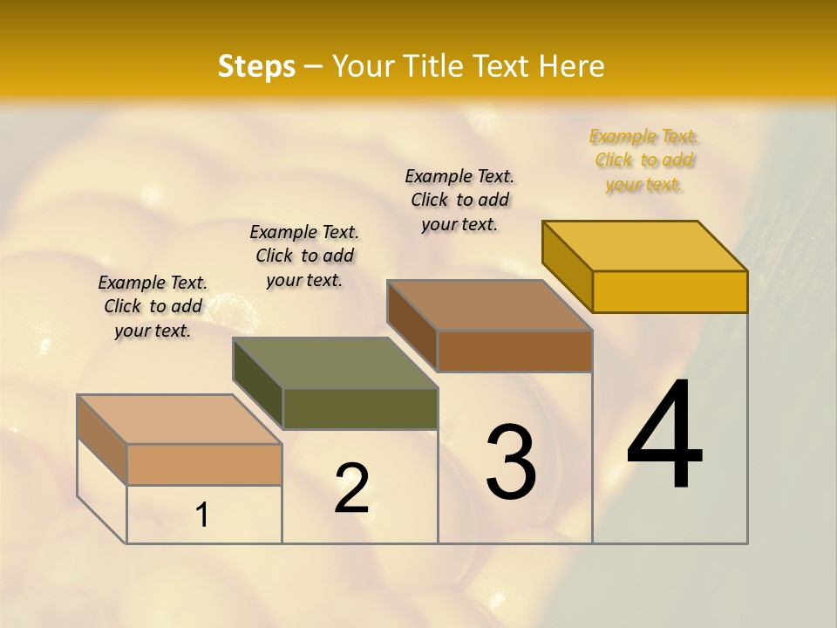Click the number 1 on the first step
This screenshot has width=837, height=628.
(x=202, y=515)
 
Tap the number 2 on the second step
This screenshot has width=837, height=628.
(x=351, y=488)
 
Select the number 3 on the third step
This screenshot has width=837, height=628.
(x=511, y=462)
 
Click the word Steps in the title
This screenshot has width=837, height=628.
(x=256, y=66)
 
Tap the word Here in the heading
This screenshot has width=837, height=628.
(x=572, y=66)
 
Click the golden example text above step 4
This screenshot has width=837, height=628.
(x=644, y=160)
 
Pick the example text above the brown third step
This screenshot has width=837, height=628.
(x=459, y=200)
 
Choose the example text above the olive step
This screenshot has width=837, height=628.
(x=304, y=256)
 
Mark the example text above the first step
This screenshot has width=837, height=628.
(x=153, y=306)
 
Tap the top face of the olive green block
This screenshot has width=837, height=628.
(x=336, y=363)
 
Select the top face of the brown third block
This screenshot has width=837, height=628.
(x=490, y=305)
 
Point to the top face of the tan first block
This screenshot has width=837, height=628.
(x=180, y=420)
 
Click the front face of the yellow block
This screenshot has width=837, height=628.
(x=670, y=291)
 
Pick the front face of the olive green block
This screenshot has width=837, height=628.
(x=360, y=408)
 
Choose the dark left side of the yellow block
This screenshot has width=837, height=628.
(x=567, y=265)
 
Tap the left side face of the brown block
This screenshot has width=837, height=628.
(x=412, y=324)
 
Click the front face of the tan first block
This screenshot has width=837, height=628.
(x=204, y=464)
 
